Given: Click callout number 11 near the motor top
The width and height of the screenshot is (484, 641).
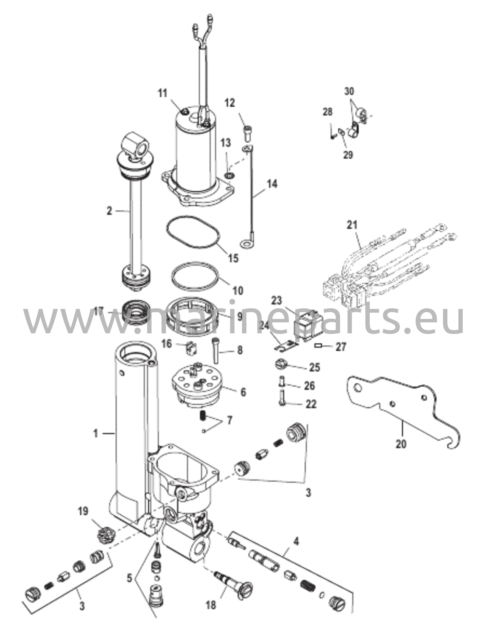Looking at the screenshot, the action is point(163,94).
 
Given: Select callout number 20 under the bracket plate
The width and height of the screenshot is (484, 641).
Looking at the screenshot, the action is point(401,444).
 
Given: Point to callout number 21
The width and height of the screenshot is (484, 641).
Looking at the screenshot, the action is point(352,225).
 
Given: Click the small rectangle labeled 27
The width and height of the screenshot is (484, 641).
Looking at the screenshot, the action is point(319,346).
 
